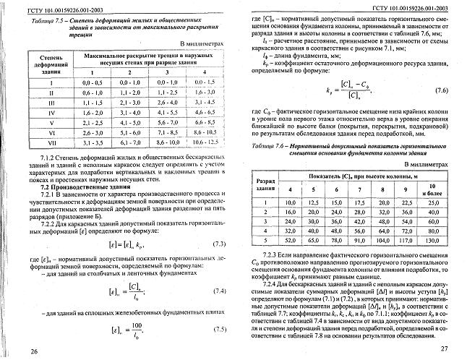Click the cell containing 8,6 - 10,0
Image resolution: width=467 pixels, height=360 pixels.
pyautogui.click(x=168, y=143)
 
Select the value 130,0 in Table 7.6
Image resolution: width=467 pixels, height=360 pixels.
pyautogui.click(x=434, y=239)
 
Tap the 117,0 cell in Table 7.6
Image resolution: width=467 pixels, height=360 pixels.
pyautogui.click(x=406, y=239)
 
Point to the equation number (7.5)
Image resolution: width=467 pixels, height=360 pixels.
pyautogui.click(x=220, y=309)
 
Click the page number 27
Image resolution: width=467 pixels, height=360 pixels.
pyautogui.click(x=445, y=349)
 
